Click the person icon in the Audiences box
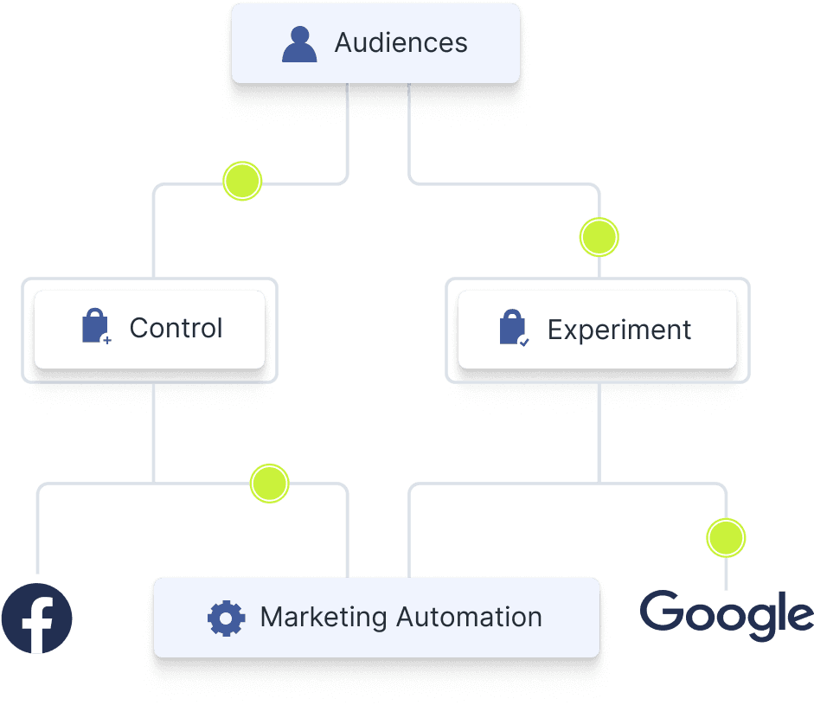tap(299, 44)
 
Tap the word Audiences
tap(401, 43)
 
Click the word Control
tap(176, 329)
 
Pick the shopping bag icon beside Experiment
tap(513, 330)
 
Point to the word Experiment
tap(619, 330)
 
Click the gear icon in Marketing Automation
tap(227, 618)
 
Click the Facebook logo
tap(36, 618)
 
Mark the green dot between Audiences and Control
tap(242, 182)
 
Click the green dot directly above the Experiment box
tap(599, 237)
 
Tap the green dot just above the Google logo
tap(725, 537)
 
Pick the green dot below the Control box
tap(269, 484)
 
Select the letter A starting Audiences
tap(344, 43)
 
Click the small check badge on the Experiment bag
tap(523, 342)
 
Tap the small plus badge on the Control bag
tap(106, 341)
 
